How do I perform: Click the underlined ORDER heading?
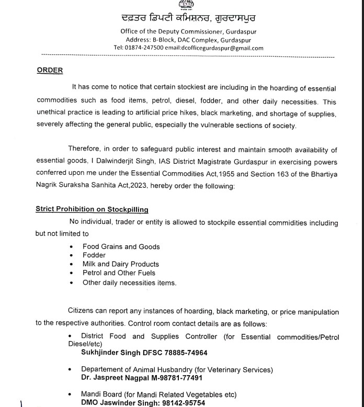coord(50,71)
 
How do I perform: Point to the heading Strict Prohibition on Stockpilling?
coord(92,209)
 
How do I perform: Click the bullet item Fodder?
coord(94,255)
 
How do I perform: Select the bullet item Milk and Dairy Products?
coord(121,264)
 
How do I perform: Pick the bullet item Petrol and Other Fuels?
coord(119,273)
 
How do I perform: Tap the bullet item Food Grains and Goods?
coord(121,246)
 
